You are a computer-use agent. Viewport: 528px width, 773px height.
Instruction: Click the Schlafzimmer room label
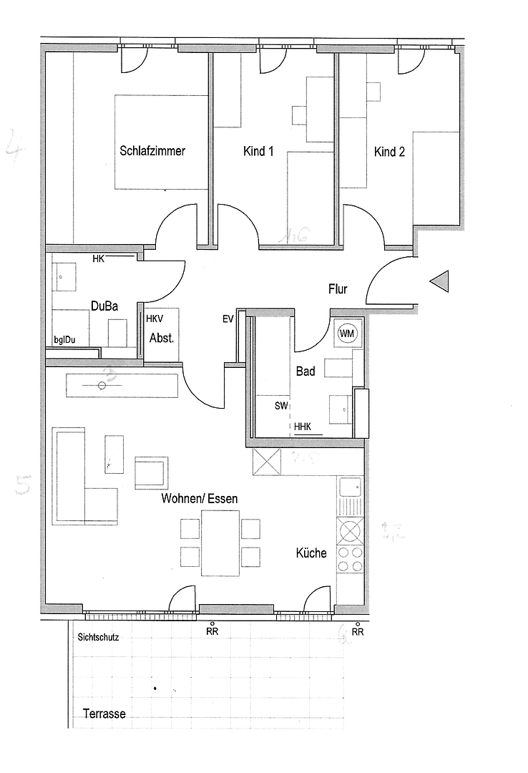click(152, 151)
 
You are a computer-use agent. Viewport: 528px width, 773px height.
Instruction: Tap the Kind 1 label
click(258, 152)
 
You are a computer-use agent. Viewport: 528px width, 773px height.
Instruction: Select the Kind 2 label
click(389, 152)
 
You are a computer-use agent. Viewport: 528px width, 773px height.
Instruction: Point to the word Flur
click(338, 289)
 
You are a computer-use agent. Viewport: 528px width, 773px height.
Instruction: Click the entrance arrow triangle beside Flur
click(439, 282)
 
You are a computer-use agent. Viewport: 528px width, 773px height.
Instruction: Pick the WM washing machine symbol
click(346, 333)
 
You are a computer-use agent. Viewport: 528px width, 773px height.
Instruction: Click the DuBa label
click(104, 306)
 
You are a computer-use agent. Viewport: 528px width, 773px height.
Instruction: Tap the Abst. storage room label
click(161, 338)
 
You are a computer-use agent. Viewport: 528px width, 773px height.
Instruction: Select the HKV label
click(155, 319)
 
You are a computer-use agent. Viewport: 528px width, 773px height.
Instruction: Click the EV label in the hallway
click(228, 319)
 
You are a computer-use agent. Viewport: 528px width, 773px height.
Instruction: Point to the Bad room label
click(305, 371)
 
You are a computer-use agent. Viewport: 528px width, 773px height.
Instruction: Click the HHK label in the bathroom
click(303, 427)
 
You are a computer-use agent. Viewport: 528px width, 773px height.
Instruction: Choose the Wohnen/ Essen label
click(200, 498)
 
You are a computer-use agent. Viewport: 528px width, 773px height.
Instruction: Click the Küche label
click(311, 553)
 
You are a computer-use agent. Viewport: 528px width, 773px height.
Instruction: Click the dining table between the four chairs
click(220, 543)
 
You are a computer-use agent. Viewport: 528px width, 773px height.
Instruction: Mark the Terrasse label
click(104, 714)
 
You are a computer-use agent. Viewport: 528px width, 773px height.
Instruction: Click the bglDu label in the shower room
click(65, 339)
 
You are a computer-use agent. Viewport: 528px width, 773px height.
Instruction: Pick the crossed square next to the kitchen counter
click(267, 462)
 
